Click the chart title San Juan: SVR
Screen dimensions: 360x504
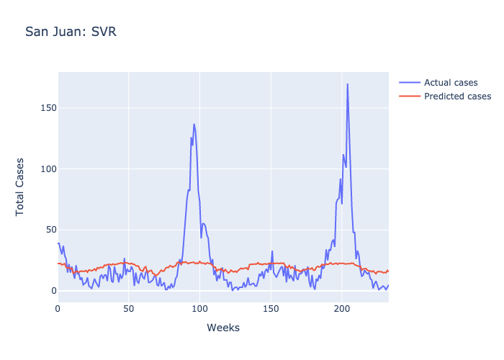(70, 32)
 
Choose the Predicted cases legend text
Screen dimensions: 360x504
(457, 96)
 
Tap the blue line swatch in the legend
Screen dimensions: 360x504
(408, 81)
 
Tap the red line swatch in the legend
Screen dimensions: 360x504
(408, 96)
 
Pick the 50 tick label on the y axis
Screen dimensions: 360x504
(49, 230)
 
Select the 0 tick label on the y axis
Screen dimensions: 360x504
(51, 291)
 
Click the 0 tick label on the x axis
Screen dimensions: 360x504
(58, 308)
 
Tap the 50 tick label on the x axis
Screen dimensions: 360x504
(129, 308)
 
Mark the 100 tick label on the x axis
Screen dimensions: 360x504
(200, 308)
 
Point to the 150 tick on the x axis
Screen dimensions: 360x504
(271, 308)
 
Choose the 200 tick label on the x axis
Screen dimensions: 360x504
(342, 308)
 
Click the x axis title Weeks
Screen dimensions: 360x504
(223, 328)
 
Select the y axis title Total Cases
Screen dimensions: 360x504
(20, 186)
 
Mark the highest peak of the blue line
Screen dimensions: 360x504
(347, 84)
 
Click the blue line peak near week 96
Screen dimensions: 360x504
(194, 124)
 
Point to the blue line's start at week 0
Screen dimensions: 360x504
(58, 243)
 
